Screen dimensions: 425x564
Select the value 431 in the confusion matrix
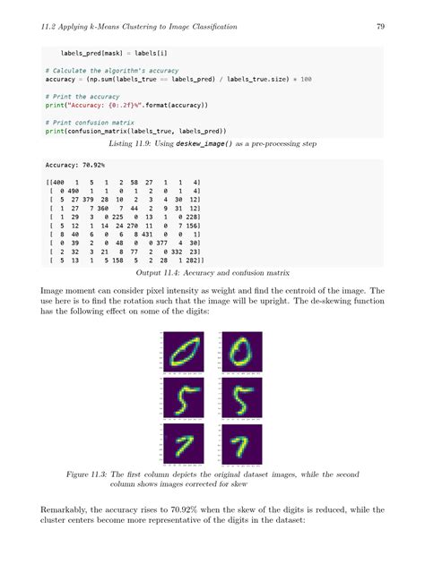[x=151, y=233]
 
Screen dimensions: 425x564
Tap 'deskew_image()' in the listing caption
[x=195, y=142]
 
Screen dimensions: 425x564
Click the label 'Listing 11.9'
[x=126, y=142]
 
